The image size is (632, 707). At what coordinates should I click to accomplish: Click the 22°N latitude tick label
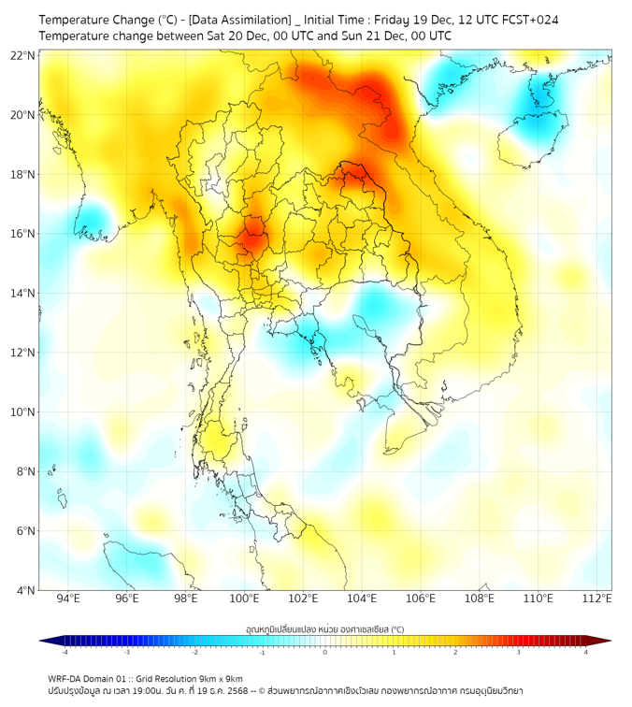point(22,55)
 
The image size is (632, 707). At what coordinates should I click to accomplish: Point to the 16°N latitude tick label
point(22,234)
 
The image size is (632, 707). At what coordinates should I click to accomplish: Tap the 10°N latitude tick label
point(22,412)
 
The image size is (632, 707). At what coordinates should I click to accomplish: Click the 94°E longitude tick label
point(68,599)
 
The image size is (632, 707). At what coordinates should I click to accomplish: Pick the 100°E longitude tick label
point(245,599)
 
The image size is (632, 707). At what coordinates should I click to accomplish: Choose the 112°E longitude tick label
point(597,599)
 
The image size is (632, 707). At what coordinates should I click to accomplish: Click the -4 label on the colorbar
point(65,652)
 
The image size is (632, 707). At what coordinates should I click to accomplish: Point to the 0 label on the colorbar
point(325,652)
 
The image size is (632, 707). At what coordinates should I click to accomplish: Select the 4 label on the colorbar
point(586,652)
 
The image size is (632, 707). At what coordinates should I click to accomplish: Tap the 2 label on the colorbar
point(456,652)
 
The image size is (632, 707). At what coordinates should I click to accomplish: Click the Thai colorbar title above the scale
point(324,629)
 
